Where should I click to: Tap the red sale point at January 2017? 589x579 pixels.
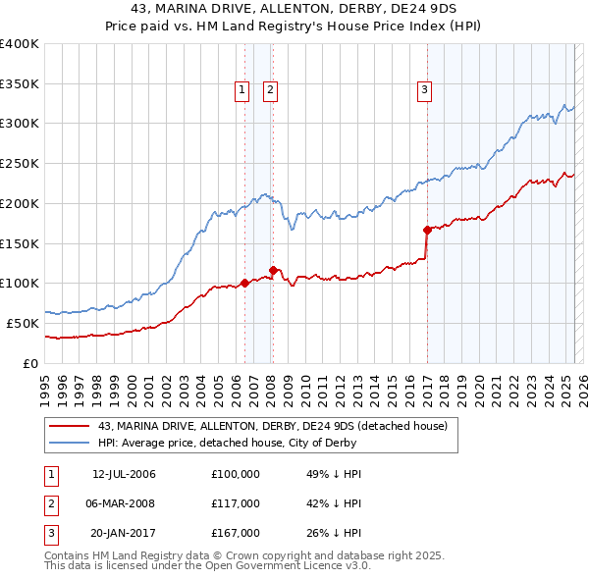tap(427, 230)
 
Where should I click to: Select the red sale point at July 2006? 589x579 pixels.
tap(244, 284)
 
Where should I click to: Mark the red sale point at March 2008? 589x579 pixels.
tap(273, 269)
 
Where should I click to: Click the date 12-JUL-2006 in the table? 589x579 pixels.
tap(124, 474)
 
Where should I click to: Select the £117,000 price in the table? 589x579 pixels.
tap(236, 503)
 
